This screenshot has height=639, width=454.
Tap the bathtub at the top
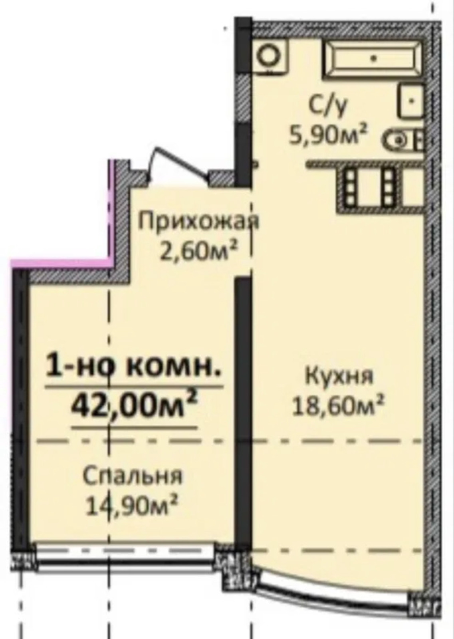click(x=374, y=59)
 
